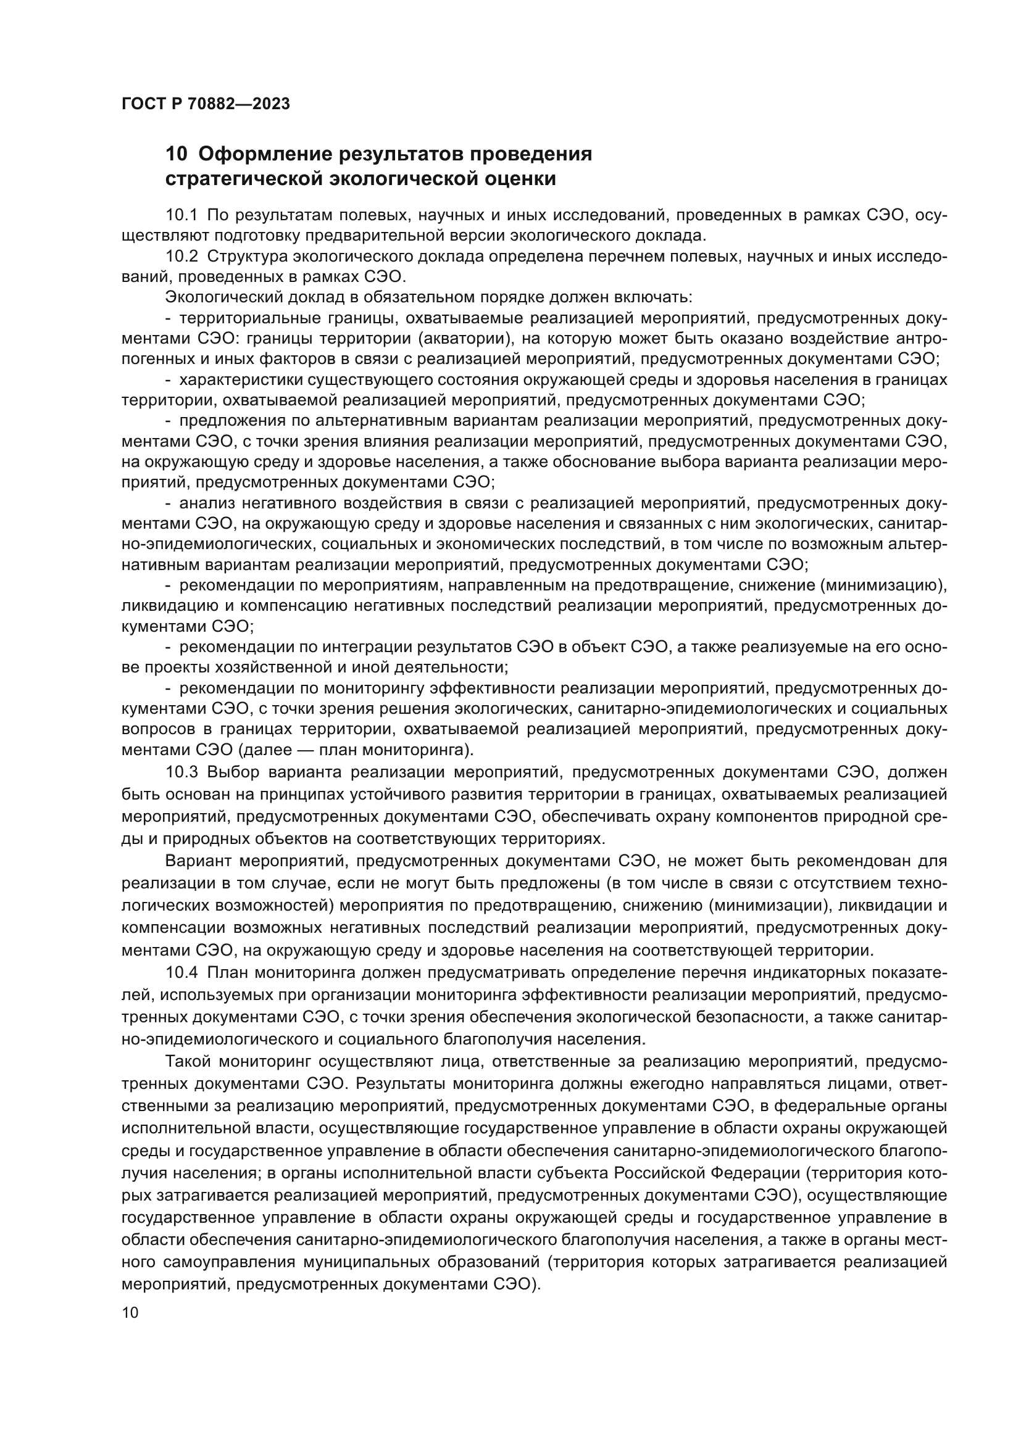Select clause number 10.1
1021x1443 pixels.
[181, 215]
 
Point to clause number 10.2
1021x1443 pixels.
[181, 257]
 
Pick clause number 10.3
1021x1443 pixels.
[181, 772]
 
